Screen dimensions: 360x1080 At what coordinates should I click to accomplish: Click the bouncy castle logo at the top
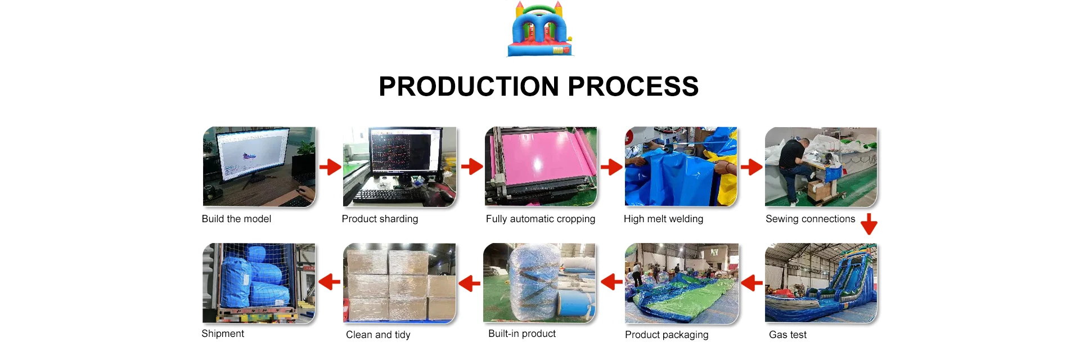click(540, 29)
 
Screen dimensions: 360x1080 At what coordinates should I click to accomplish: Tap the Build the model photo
click(259, 166)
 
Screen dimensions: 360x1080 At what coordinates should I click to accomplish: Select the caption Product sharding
click(380, 219)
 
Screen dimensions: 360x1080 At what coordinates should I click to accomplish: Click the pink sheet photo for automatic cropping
click(541, 166)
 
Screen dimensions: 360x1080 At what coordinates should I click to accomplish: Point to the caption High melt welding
click(663, 219)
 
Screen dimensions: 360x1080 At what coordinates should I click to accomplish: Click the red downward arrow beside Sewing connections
click(869, 224)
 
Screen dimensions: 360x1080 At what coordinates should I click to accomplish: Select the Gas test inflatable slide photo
click(821, 283)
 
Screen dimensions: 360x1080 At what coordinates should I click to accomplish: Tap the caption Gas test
click(787, 335)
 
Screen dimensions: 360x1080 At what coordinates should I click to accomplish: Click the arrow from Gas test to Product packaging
click(751, 282)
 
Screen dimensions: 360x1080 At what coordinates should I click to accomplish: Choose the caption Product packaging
click(667, 335)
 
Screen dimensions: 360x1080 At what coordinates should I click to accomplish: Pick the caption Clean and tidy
click(378, 335)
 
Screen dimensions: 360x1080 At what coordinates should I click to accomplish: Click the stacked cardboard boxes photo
click(399, 283)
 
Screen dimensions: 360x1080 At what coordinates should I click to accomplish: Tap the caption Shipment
click(223, 334)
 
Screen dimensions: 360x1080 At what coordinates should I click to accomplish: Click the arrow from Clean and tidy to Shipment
click(330, 282)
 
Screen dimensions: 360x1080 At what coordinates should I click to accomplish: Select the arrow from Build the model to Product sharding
click(330, 167)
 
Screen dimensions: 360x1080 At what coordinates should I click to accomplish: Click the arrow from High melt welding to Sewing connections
click(751, 167)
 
